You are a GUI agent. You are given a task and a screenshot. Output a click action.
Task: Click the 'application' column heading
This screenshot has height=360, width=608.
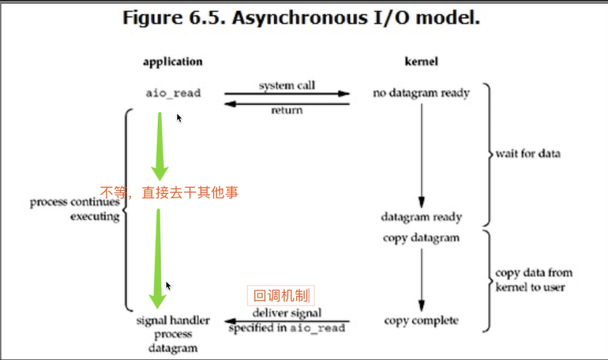(x=173, y=61)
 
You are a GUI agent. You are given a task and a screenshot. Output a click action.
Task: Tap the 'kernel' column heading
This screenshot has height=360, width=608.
(x=421, y=61)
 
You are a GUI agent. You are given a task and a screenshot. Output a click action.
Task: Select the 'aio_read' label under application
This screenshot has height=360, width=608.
(x=173, y=93)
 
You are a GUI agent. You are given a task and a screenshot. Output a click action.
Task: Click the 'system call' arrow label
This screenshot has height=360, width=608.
(x=287, y=84)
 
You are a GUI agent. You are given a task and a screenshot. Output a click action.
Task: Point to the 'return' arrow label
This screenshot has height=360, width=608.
(x=287, y=111)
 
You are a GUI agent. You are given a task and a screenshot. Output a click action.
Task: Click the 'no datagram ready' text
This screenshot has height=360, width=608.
(x=421, y=93)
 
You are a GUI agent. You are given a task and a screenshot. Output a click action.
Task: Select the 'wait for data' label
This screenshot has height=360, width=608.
(x=528, y=153)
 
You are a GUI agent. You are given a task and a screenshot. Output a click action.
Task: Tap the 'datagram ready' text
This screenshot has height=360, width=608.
(x=421, y=216)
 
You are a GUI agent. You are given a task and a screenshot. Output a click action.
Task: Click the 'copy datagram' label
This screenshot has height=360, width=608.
(x=421, y=238)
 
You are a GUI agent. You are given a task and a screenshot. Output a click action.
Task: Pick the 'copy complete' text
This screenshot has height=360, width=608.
(x=421, y=321)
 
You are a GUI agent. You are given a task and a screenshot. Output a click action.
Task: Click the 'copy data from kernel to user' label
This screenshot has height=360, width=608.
(x=534, y=280)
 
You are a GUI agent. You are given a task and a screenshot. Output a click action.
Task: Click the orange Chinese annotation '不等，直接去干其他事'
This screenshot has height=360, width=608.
(x=169, y=191)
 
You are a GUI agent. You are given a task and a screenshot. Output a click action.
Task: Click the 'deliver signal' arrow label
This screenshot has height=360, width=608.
(x=288, y=313)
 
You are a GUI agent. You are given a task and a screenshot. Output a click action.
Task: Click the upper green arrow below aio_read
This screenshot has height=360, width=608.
(x=160, y=146)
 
